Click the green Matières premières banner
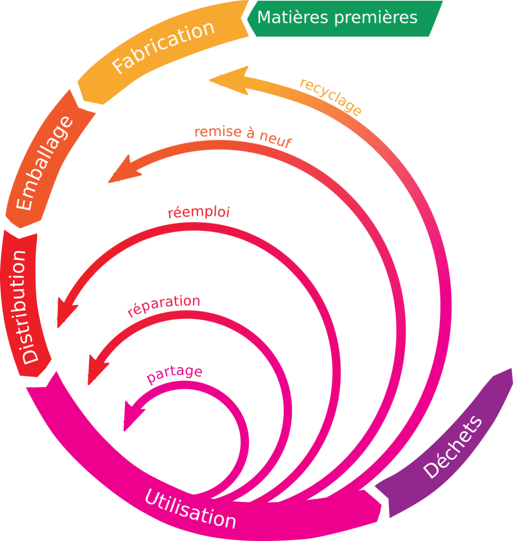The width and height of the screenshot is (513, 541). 343,18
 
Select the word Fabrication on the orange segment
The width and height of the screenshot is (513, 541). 164,48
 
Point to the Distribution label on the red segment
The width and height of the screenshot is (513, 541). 24,306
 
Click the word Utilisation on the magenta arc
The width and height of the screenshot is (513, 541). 190,508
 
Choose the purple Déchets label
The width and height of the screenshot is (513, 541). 453,447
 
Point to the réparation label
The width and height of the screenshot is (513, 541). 164,306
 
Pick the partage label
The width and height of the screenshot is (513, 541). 175,375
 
